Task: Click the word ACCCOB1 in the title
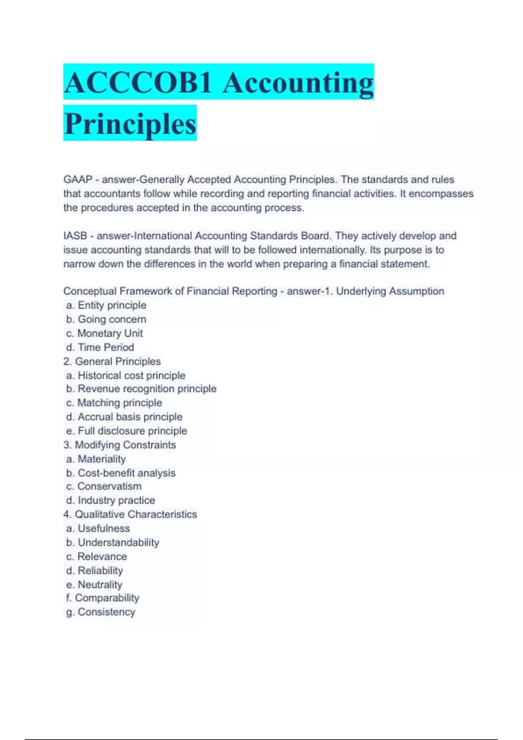tap(138, 83)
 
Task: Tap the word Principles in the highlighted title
tap(130, 124)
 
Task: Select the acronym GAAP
tap(78, 180)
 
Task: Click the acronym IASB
tap(75, 236)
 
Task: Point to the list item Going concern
tap(106, 320)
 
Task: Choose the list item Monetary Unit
tap(105, 333)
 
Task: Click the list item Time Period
tap(100, 347)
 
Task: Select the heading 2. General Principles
tap(112, 361)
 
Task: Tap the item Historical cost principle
tap(126, 375)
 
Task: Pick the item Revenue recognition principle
tap(142, 389)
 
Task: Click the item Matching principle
tap(114, 403)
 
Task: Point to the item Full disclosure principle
tap(127, 431)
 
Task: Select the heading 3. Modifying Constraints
tap(119, 445)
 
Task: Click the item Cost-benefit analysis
tap(121, 473)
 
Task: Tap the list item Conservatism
tap(104, 486)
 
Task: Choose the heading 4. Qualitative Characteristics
tap(130, 515)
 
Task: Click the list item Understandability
tap(113, 543)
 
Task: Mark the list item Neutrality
tap(95, 585)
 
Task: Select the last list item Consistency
tap(101, 612)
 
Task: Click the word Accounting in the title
tap(298, 83)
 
